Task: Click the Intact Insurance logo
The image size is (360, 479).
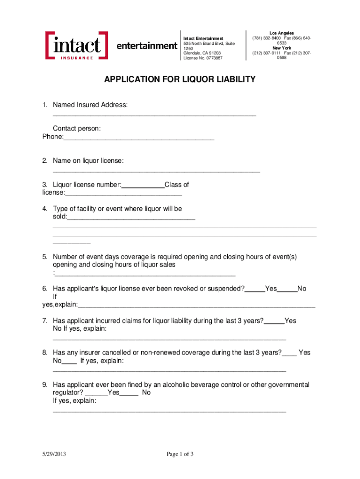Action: [x=77, y=45]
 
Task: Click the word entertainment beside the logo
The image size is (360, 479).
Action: [x=146, y=46]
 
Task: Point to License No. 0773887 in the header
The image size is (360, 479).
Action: [x=203, y=58]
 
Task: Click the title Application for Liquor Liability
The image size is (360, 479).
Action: [x=180, y=80]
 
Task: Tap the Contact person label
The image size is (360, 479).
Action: [x=77, y=129]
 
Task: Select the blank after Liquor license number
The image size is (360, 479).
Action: [x=143, y=185]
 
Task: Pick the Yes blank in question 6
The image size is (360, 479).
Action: [x=255, y=289]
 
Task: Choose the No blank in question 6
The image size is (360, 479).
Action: [x=287, y=289]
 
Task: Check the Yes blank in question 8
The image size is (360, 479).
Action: [x=289, y=353]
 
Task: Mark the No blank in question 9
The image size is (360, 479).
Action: [x=129, y=393]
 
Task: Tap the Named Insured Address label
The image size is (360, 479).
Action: [x=90, y=105]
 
